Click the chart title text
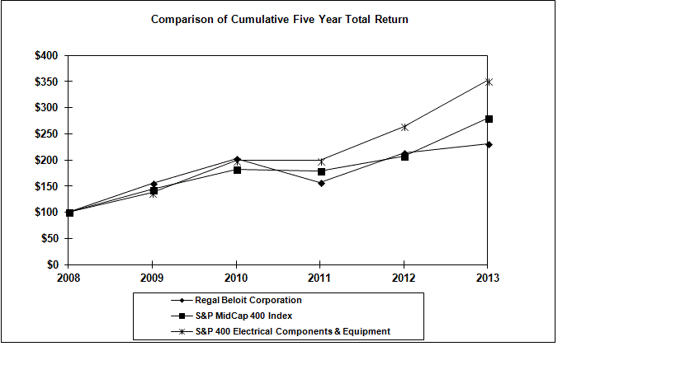[x=279, y=19]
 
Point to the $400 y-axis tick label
[x=46, y=55]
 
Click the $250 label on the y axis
[x=46, y=133]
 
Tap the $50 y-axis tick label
[x=49, y=238]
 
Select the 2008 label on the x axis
[x=69, y=278]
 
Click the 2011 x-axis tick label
[x=320, y=278]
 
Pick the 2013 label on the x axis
[x=488, y=278]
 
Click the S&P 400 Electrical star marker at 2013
[x=489, y=82]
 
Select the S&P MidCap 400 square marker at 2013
[x=489, y=119]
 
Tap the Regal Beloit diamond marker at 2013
[x=489, y=144]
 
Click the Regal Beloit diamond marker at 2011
[x=321, y=183]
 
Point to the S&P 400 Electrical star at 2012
[x=404, y=127]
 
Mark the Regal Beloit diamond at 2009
[x=154, y=184]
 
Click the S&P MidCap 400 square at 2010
[x=237, y=170]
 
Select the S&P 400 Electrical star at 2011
[x=321, y=161]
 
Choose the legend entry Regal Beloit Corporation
[x=248, y=300]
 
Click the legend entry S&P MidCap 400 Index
[x=243, y=316]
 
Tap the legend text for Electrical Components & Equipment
[x=292, y=331]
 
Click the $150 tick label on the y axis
[x=46, y=186]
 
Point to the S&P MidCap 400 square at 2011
[x=321, y=171]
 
